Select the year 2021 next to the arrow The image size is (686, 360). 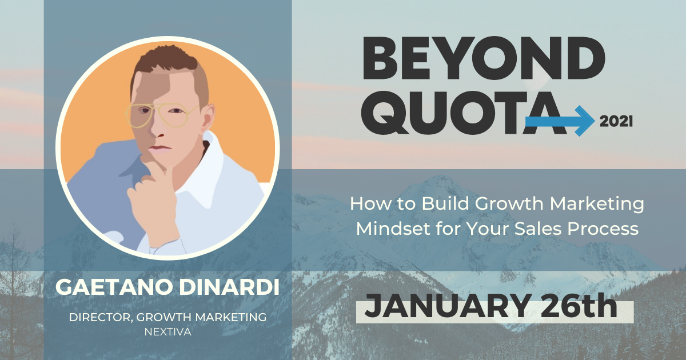click(x=616, y=121)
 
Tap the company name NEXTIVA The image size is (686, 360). click(x=167, y=331)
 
